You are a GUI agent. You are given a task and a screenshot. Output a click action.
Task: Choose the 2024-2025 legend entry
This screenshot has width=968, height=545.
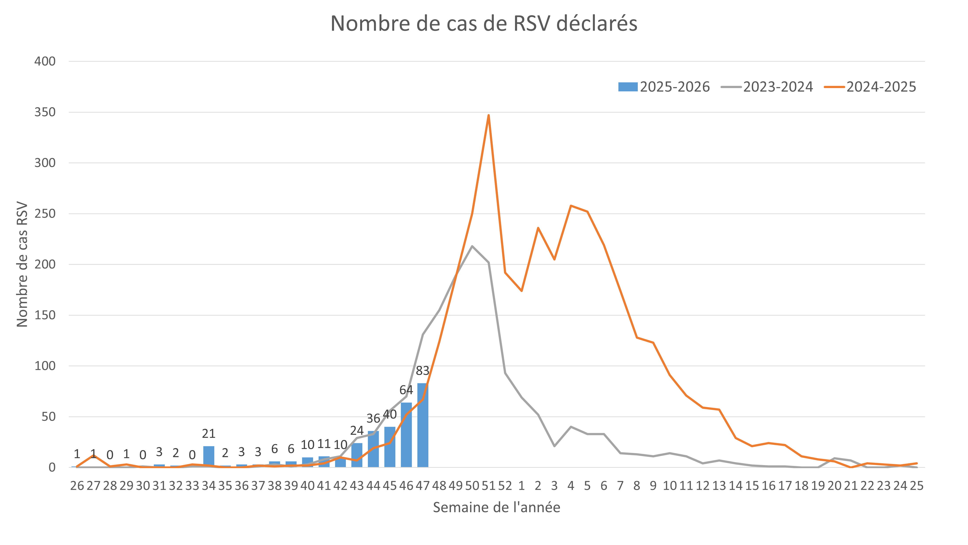(x=870, y=87)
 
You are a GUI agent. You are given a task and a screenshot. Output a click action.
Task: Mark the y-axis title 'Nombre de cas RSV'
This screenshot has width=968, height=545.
(x=22, y=264)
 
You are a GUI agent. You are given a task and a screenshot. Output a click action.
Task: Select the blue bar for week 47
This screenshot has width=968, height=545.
(x=423, y=425)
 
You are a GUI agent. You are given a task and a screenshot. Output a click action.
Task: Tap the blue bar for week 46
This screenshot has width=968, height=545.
(x=406, y=435)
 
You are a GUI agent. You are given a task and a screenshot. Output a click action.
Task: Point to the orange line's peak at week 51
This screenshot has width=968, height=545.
(x=488, y=115)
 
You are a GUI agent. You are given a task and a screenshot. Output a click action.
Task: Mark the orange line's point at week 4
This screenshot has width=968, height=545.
(x=571, y=206)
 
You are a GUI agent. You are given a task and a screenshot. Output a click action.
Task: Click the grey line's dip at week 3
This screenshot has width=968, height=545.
(x=554, y=446)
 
